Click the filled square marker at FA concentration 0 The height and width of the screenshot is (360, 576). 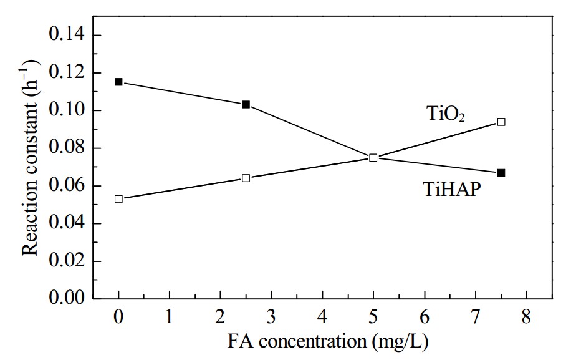(118, 82)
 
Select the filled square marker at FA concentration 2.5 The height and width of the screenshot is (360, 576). (246, 105)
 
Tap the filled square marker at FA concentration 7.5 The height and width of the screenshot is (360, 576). (501, 173)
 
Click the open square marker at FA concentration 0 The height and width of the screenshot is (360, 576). (118, 199)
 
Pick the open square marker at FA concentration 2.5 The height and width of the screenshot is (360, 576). (246, 178)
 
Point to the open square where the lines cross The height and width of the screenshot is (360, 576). (373, 158)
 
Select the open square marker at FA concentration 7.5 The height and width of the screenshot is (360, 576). (501, 122)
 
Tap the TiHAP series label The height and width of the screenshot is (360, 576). (452, 189)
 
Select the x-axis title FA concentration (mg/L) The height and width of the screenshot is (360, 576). (328, 341)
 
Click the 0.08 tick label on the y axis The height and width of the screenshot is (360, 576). (67, 148)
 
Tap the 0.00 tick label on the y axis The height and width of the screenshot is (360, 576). (67, 297)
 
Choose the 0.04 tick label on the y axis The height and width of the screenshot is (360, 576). (67, 223)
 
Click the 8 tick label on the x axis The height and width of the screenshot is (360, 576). (526, 316)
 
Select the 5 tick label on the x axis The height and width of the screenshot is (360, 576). (373, 316)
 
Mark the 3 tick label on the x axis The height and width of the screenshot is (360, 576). (271, 316)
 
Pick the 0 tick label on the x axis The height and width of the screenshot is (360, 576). (118, 316)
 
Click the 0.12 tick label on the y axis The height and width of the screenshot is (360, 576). (67, 72)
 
